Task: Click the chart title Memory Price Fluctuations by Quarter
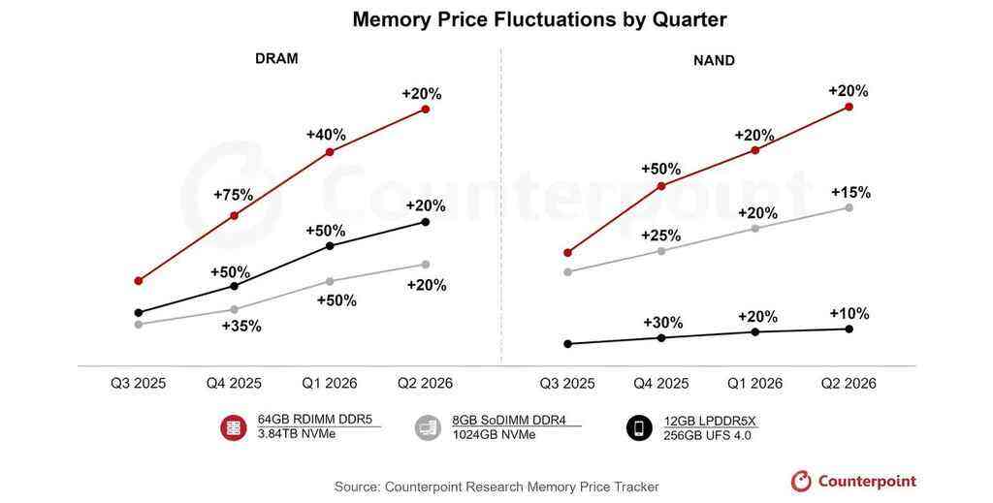[539, 19]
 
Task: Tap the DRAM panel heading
[276, 58]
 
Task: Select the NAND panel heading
[714, 60]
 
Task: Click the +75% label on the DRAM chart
[233, 195]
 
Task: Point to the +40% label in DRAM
[326, 135]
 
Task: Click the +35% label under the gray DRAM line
[241, 326]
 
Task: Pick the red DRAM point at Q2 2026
[426, 110]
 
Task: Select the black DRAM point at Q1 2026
[330, 246]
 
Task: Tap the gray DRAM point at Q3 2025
[139, 324]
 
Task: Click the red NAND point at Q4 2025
[661, 185]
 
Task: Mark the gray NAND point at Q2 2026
[849, 207]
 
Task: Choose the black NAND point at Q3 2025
[568, 343]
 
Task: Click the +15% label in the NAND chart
[850, 192]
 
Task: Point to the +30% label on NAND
[662, 323]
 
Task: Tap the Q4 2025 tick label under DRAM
[234, 383]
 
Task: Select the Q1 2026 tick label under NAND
[754, 383]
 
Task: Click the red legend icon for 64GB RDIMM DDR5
[234, 427]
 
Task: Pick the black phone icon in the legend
[639, 427]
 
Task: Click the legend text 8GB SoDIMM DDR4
[509, 421]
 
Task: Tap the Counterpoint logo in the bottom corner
[853, 481]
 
